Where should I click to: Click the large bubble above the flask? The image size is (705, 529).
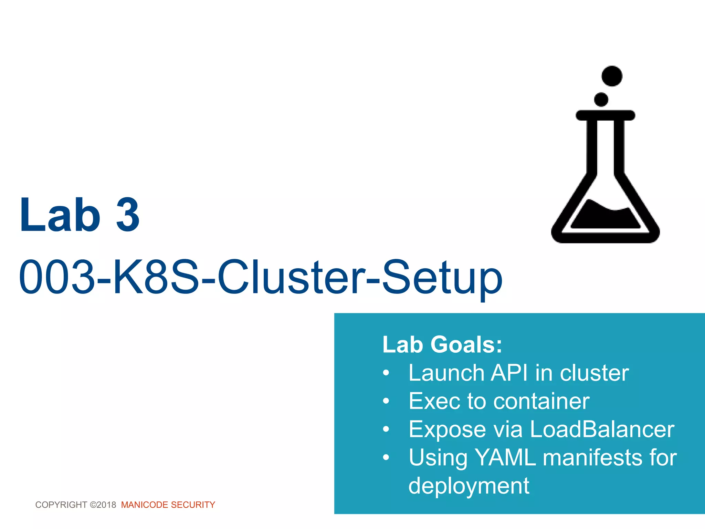coord(612,76)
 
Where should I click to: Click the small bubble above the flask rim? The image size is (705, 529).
coord(601,100)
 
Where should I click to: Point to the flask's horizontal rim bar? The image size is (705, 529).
coord(605,115)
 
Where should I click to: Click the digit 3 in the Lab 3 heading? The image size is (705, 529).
coord(128,215)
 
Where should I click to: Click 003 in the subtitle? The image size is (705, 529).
coord(57,277)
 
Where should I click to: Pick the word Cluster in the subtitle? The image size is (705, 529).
coord(291,277)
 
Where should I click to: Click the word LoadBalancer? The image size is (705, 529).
coord(602,429)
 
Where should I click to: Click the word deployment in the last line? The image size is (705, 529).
coord(469,486)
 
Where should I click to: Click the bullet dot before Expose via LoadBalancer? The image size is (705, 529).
coord(386,429)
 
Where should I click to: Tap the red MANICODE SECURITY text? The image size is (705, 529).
coord(168,505)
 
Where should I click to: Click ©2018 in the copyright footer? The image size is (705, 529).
coord(103,505)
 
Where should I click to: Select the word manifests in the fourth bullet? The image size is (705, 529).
coord(592,458)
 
